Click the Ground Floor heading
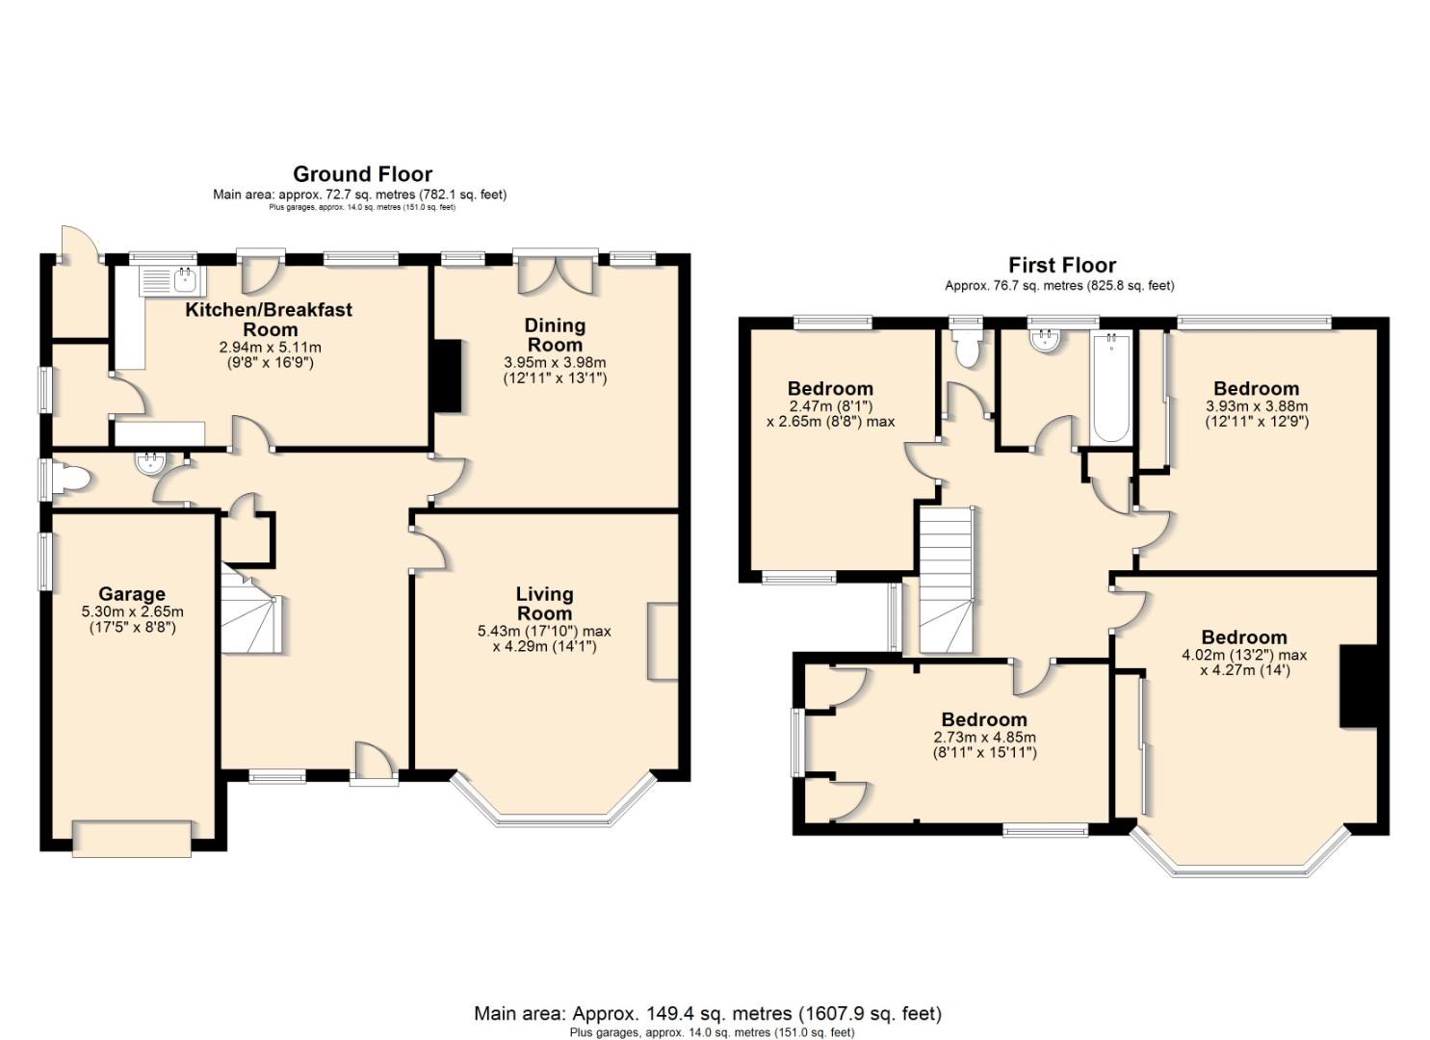(x=363, y=174)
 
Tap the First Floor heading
(x=1061, y=265)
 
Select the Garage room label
(x=132, y=594)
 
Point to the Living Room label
(x=544, y=604)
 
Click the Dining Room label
(x=555, y=334)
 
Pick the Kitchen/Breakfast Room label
(x=269, y=319)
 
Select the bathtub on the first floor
(x=1111, y=387)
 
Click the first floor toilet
(x=965, y=349)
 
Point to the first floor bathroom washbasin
(x=1045, y=340)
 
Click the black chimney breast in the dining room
(x=448, y=376)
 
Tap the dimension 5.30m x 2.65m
(x=132, y=611)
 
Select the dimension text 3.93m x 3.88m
(x=1257, y=406)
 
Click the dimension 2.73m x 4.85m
(x=984, y=737)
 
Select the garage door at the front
(x=132, y=838)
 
